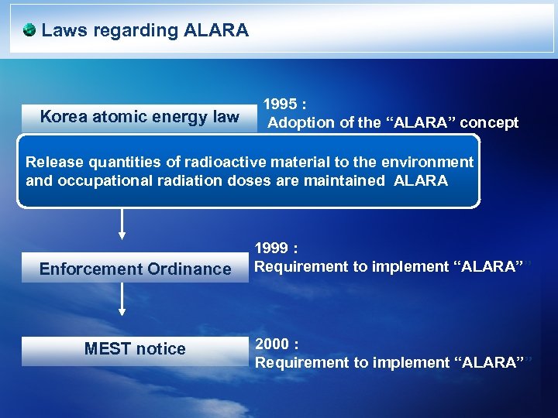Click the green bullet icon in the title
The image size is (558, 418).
click(x=29, y=30)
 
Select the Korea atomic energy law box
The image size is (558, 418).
click(x=139, y=117)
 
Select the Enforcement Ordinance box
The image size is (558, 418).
click(x=135, y=269)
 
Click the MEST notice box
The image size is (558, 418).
click(x=135, y=349)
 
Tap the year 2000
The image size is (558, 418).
click(x=272, y=344)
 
